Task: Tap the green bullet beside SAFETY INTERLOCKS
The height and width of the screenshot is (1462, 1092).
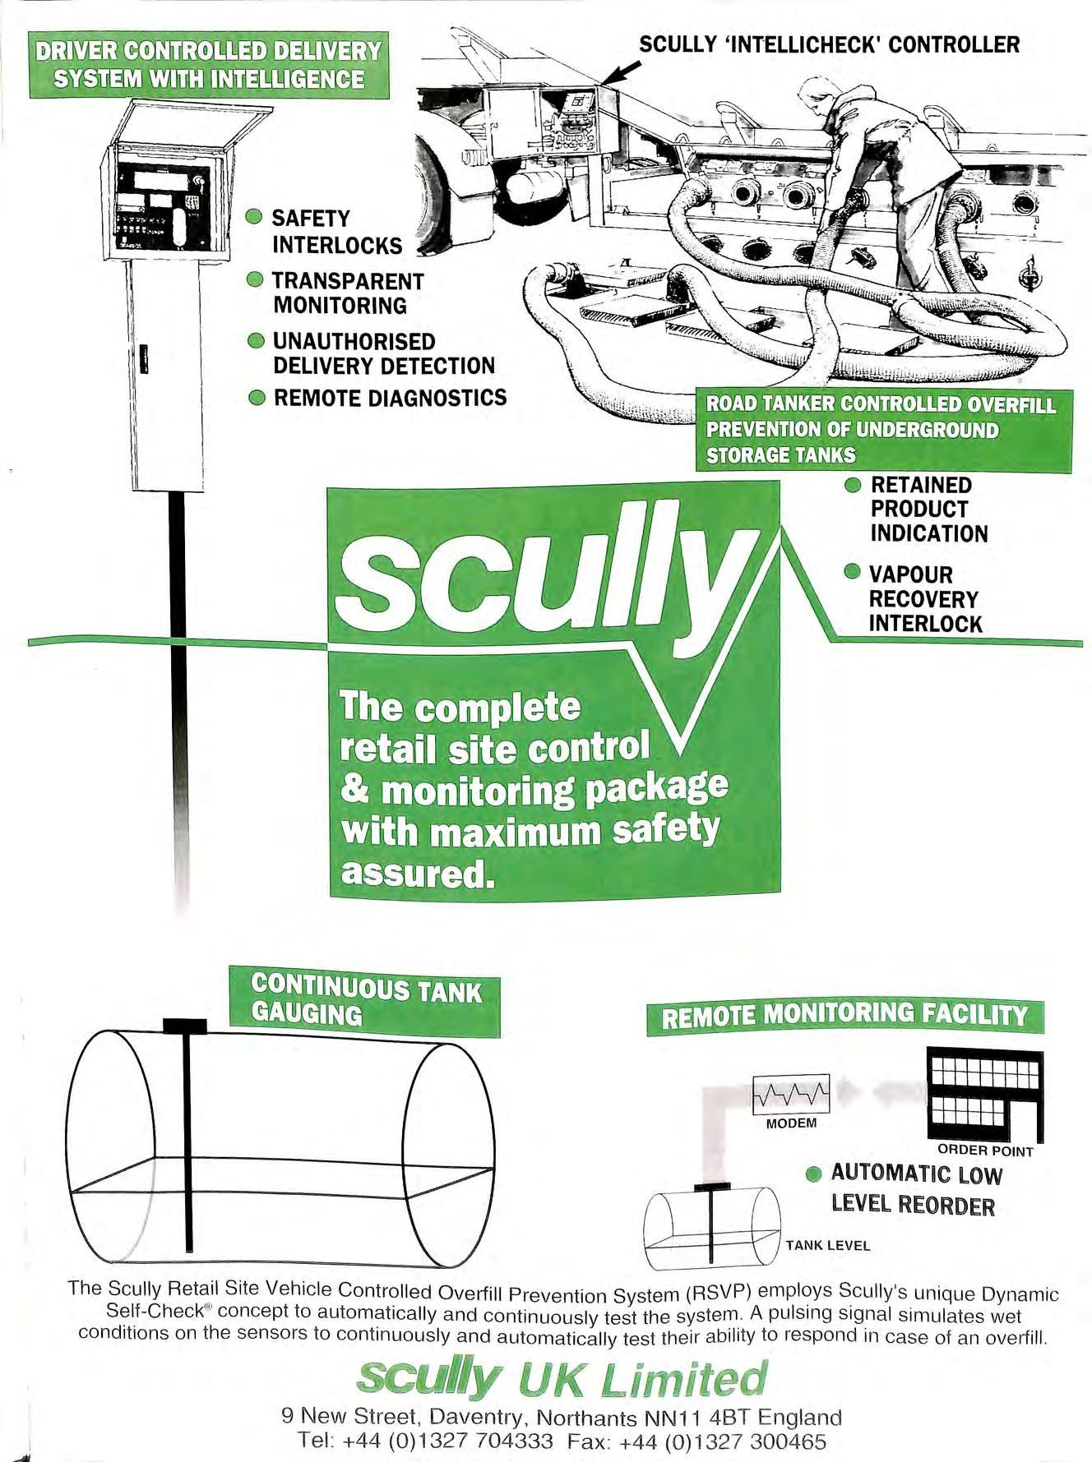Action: tap(255, 218)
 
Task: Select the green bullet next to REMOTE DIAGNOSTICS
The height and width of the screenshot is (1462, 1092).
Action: tap(257, 399)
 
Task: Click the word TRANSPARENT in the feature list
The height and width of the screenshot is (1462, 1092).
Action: tap(348, 281)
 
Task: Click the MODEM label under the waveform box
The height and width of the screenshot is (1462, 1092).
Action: tap(791, 1123)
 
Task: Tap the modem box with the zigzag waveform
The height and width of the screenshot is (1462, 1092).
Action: tap(791, 1094)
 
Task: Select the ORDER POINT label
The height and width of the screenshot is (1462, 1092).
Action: tap(985, 1151)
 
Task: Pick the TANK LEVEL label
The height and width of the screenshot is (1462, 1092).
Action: tap(827, 1245)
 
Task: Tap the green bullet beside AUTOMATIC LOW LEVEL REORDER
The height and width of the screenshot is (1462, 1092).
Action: tap(814, 1174)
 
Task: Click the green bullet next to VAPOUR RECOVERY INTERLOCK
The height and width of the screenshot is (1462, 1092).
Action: tap(854, 572)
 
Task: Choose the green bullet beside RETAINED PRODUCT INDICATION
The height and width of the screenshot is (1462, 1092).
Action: tap(854, 484)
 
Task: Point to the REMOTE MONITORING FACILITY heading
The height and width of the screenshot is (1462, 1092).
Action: tap(844, 1017)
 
